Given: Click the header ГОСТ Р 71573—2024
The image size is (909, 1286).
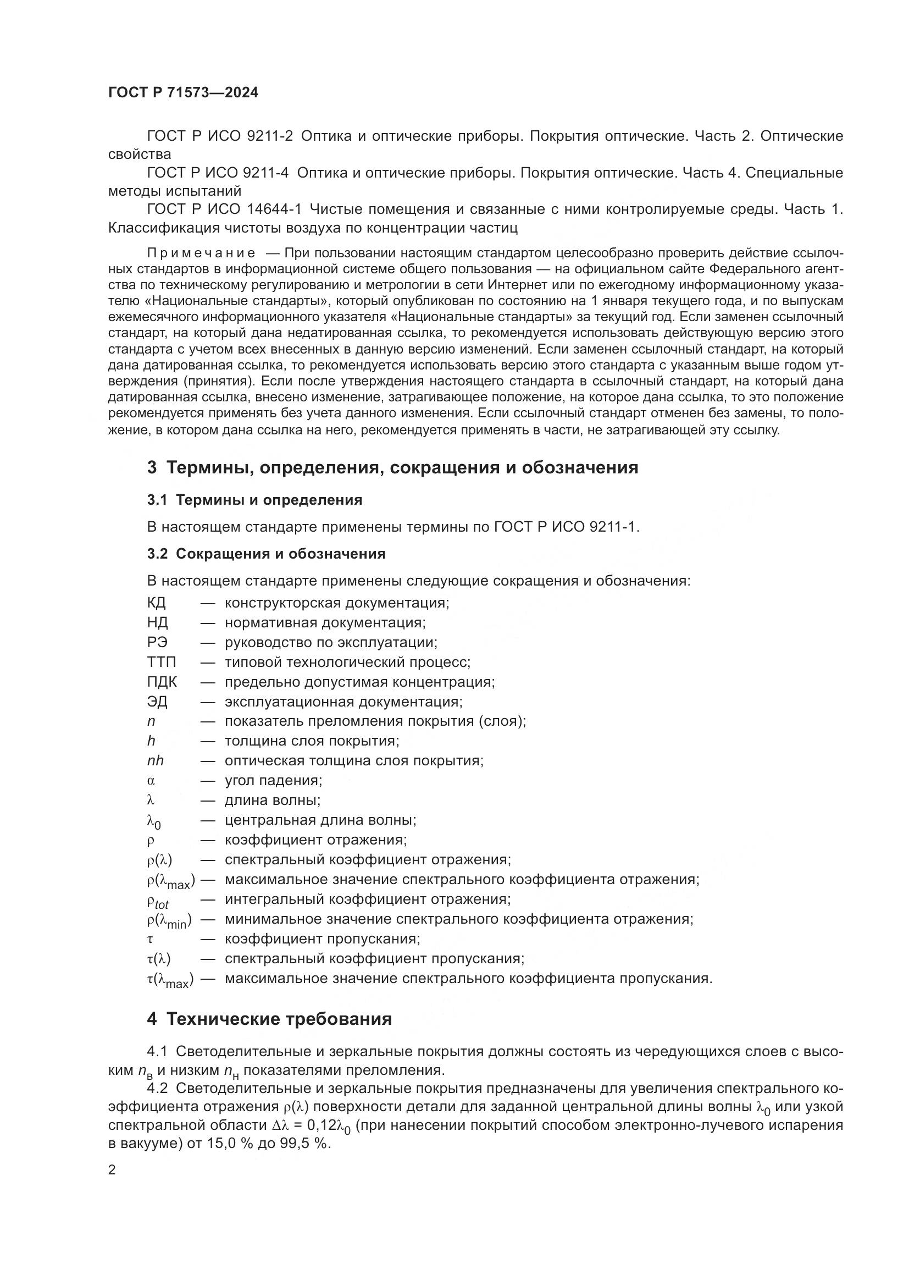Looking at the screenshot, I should pos(183,93).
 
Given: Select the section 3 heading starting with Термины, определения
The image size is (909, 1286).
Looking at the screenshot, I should pos(392,467).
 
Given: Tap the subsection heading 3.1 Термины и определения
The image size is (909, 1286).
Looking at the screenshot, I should pos(254,500).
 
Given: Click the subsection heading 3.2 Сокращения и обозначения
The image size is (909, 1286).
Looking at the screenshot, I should pos(267,554).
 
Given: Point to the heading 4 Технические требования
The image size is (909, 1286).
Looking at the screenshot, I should pos(269,1019).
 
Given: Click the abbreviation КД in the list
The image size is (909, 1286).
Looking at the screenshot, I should pos(156,603).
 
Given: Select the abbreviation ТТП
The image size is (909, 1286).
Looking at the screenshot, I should pos(161,662).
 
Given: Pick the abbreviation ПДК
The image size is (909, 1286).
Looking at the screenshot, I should pos(162,682).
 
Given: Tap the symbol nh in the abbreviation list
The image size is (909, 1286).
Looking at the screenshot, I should pos(155,760).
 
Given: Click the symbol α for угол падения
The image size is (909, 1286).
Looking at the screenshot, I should pos(151,780).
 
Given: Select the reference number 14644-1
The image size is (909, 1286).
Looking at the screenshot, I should pos(274,209).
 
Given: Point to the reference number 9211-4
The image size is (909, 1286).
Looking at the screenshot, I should pos(266,173).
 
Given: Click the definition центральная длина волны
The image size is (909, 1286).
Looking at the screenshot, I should pos(320,820).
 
